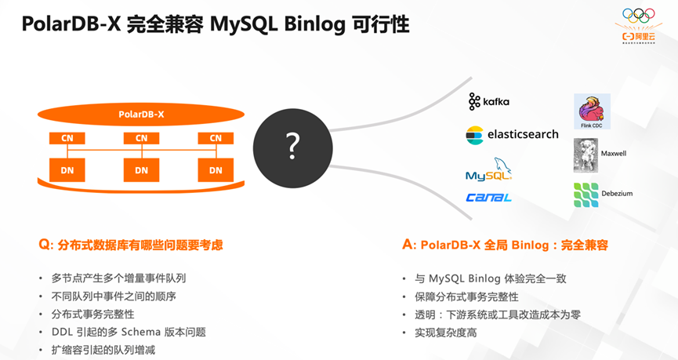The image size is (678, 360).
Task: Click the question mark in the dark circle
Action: [292, 144]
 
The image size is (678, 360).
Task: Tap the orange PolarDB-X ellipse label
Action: [141, 114]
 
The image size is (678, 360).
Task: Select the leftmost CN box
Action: [67, 138]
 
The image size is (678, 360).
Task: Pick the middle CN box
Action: [141, 138]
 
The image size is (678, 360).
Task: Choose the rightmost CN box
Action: [216, 138]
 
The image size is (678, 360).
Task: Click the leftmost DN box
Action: [67, 169]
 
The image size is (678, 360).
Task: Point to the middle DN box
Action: [141, 169]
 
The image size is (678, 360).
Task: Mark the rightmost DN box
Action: [216, 169]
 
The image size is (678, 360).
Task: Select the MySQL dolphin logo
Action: [489, 170]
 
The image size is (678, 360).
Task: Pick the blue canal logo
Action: [488, 198]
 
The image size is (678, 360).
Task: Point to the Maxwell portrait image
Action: [586, 155]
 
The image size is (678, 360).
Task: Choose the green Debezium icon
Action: [586, 195]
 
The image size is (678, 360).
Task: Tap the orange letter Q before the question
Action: [44, 245]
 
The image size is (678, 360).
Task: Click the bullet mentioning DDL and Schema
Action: [129, 332]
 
